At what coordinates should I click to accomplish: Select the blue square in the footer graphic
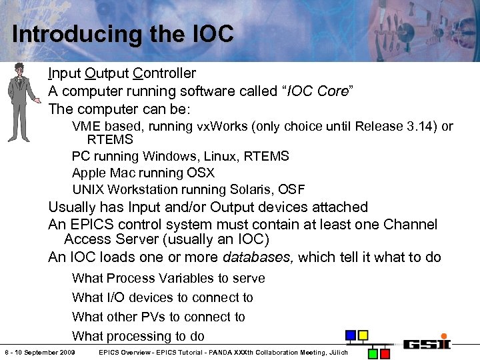(350, 335)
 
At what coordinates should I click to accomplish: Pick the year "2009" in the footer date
(65, 353)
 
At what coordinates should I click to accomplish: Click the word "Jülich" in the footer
(339, 353)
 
